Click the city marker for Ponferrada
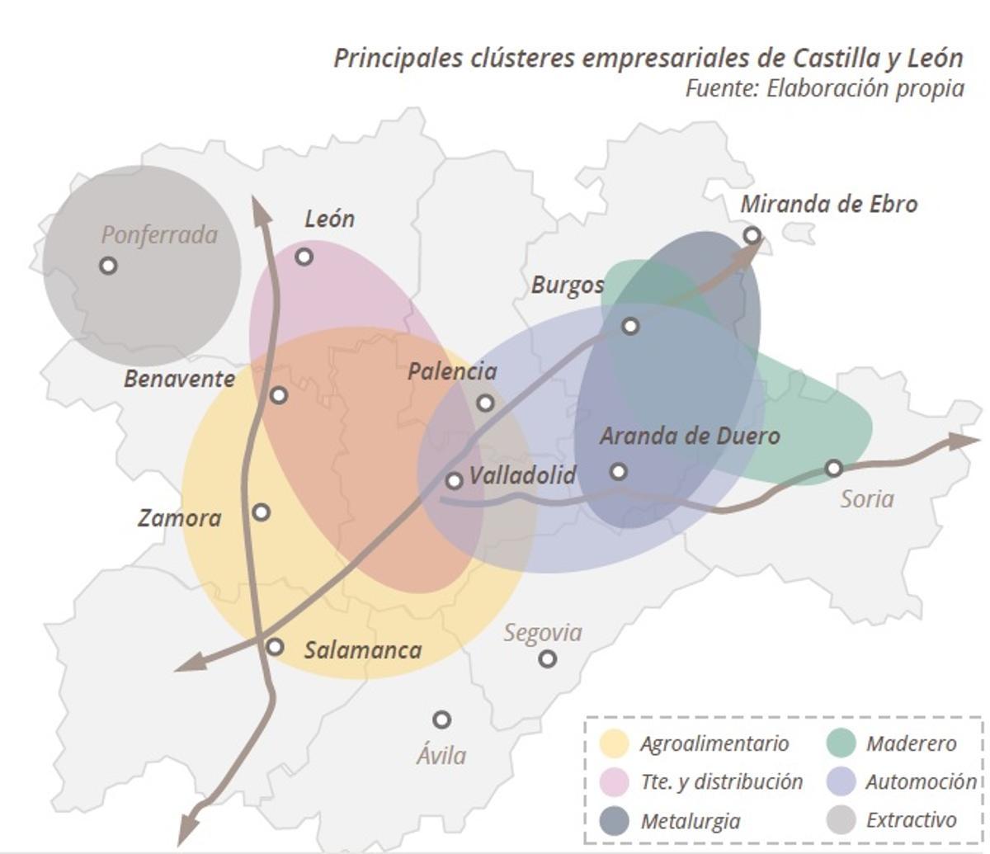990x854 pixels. click(108, 266)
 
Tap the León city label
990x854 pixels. click(329, 219)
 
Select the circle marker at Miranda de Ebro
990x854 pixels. click(752, 236)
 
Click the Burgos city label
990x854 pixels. click(567, 285)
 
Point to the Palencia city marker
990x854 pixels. click(486, 403)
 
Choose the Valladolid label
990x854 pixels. click(522, 475)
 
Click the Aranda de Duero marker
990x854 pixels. click(619, 472)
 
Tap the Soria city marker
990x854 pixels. click(834, 469)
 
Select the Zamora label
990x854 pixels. click(179, 518)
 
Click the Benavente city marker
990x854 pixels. click(279, 395)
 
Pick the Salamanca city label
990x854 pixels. click(363, 650)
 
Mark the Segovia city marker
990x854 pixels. click(547, 658)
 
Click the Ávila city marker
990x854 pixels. click(442, 720)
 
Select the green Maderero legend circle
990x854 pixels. click(841, 743)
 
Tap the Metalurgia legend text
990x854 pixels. click(690, 821)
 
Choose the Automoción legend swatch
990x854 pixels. click(841, 781)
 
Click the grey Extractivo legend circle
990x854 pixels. click(841, 820)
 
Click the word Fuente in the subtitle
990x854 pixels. click(719, 87)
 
